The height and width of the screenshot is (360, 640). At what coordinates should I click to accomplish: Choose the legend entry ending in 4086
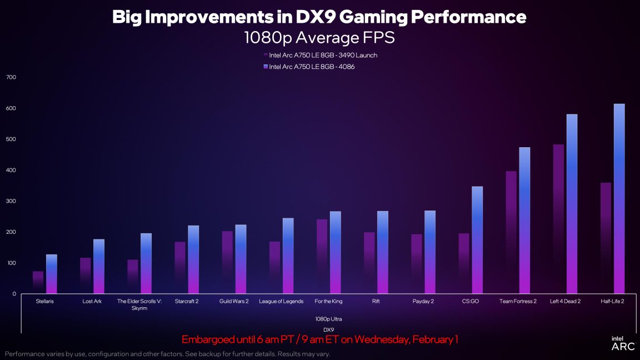(x=312, y=67)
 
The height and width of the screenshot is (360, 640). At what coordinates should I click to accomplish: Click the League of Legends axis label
(x=281, y=301)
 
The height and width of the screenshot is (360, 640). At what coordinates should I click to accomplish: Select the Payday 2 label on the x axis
(x=423, y=301)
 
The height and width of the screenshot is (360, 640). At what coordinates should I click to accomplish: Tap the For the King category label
(x=328, y=301)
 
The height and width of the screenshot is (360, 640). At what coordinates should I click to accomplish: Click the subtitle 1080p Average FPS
(x=319, y=38)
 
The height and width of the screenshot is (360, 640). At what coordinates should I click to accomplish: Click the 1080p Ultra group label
(x=328, y=319)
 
